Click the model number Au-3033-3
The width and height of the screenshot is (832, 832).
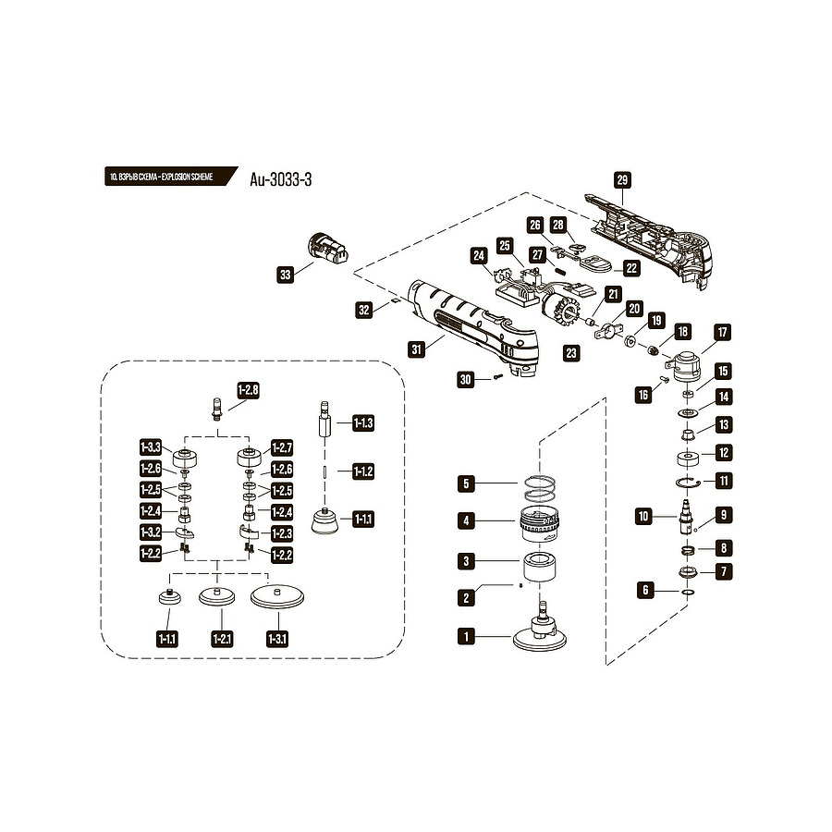[281, 179]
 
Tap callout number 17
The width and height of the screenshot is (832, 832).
[721, 332]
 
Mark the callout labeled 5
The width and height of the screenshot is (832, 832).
[468, 483]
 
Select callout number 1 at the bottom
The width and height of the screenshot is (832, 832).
[468, 636]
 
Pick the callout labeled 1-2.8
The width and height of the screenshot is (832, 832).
[248, 391]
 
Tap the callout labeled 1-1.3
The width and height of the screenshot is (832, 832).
[363, 422]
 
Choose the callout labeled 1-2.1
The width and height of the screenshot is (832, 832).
[222, 638]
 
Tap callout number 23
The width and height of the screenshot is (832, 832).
[571, 352]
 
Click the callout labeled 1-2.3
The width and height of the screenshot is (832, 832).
[281, 532]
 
